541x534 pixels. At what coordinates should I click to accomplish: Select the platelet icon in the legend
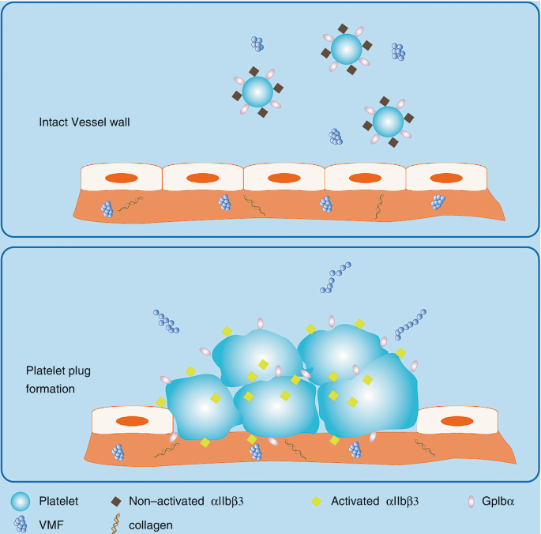point(22,501)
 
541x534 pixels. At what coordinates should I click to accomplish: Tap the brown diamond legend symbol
point(117,501)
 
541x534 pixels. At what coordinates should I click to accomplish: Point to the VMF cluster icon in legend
point(21,523)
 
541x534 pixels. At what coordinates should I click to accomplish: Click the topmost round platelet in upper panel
point(345,50)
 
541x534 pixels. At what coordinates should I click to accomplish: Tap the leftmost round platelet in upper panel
point(257,92)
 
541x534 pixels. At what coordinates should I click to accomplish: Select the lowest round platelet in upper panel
point(387,122)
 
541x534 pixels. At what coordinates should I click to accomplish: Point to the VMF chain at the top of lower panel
point(335,278)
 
